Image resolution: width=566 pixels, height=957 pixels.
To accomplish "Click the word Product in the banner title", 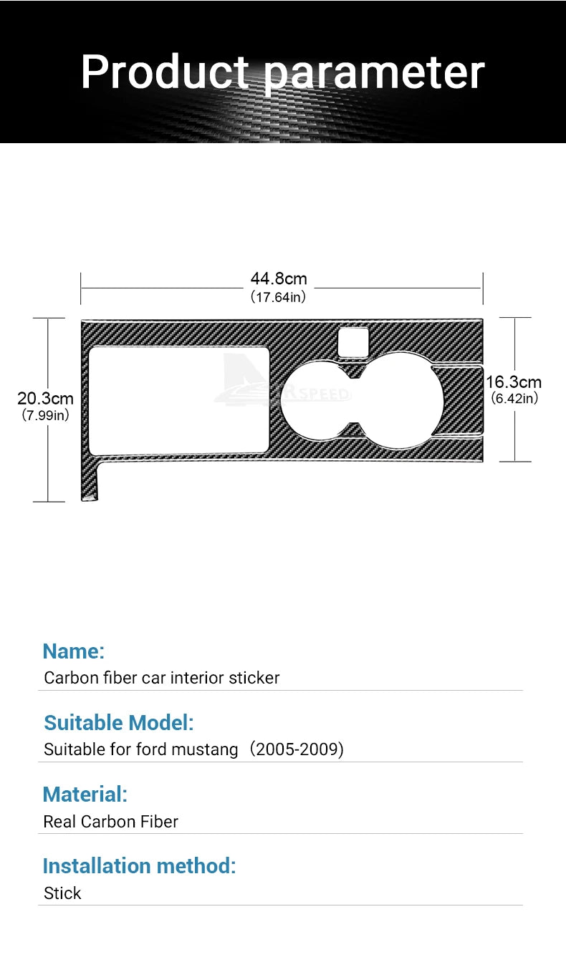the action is [165, 72].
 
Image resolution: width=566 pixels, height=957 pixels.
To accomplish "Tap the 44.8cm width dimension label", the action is [279, 278].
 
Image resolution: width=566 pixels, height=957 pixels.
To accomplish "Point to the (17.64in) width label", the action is [278, 297].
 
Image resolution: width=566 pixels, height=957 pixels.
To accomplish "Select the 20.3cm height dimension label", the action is [45, 398].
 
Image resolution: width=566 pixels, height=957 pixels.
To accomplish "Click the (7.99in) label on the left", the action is [45, 415].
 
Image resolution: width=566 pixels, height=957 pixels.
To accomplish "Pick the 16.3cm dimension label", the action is [514, 382].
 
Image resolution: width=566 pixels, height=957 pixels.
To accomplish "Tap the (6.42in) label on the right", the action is [514, 398].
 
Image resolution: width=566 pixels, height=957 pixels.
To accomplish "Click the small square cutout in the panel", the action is [353, 342].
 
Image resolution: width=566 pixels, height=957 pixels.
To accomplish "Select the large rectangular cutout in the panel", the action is [179, 401].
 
